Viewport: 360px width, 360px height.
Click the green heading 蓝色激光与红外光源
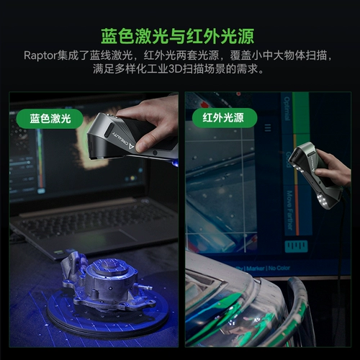(x=180, y=35)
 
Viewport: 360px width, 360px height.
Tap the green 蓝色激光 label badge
(x=50, y=117)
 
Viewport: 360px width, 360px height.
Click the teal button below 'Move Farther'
(x=295, y=246)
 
